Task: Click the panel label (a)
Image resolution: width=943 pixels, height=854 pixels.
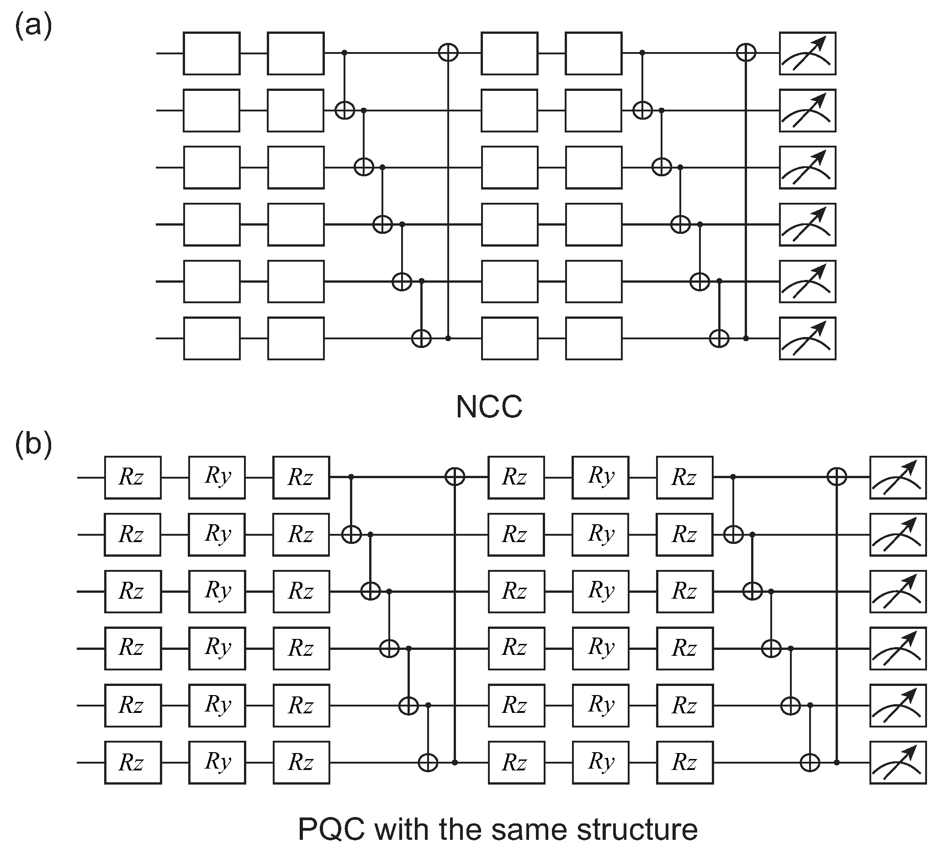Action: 33,26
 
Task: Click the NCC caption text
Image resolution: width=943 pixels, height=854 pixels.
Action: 489,406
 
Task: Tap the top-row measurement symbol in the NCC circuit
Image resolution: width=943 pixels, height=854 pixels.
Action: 807,53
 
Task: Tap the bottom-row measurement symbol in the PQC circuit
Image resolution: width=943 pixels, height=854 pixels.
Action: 898,762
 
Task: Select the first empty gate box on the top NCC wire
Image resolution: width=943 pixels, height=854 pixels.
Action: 212,53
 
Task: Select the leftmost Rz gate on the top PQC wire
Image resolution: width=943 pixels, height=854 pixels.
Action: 132,477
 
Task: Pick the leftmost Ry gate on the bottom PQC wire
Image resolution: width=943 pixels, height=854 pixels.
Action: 217,762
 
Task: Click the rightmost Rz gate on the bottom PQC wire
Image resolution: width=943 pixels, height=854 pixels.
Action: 685,762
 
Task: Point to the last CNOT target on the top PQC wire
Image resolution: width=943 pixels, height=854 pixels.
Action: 837,477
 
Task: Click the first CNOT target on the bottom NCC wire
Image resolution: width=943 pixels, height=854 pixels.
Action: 421,338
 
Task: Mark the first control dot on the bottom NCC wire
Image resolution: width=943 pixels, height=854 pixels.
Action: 448,338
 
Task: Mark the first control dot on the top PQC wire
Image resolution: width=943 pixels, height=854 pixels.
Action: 351,477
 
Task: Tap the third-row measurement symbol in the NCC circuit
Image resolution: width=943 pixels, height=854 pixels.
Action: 807,167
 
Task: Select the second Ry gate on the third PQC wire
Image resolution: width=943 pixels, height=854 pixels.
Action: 600,591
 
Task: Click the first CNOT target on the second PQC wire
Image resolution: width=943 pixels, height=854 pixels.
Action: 351,534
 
